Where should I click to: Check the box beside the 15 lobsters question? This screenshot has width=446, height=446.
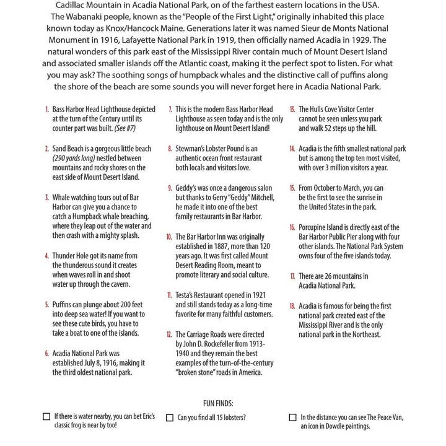[169, 418]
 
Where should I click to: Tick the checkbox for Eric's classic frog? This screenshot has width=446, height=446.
[46, 417]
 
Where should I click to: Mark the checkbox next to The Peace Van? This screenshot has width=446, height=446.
[292, 418]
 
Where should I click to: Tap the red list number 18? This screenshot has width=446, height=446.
[292, 306]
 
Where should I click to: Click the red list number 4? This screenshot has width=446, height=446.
[46, 255]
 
